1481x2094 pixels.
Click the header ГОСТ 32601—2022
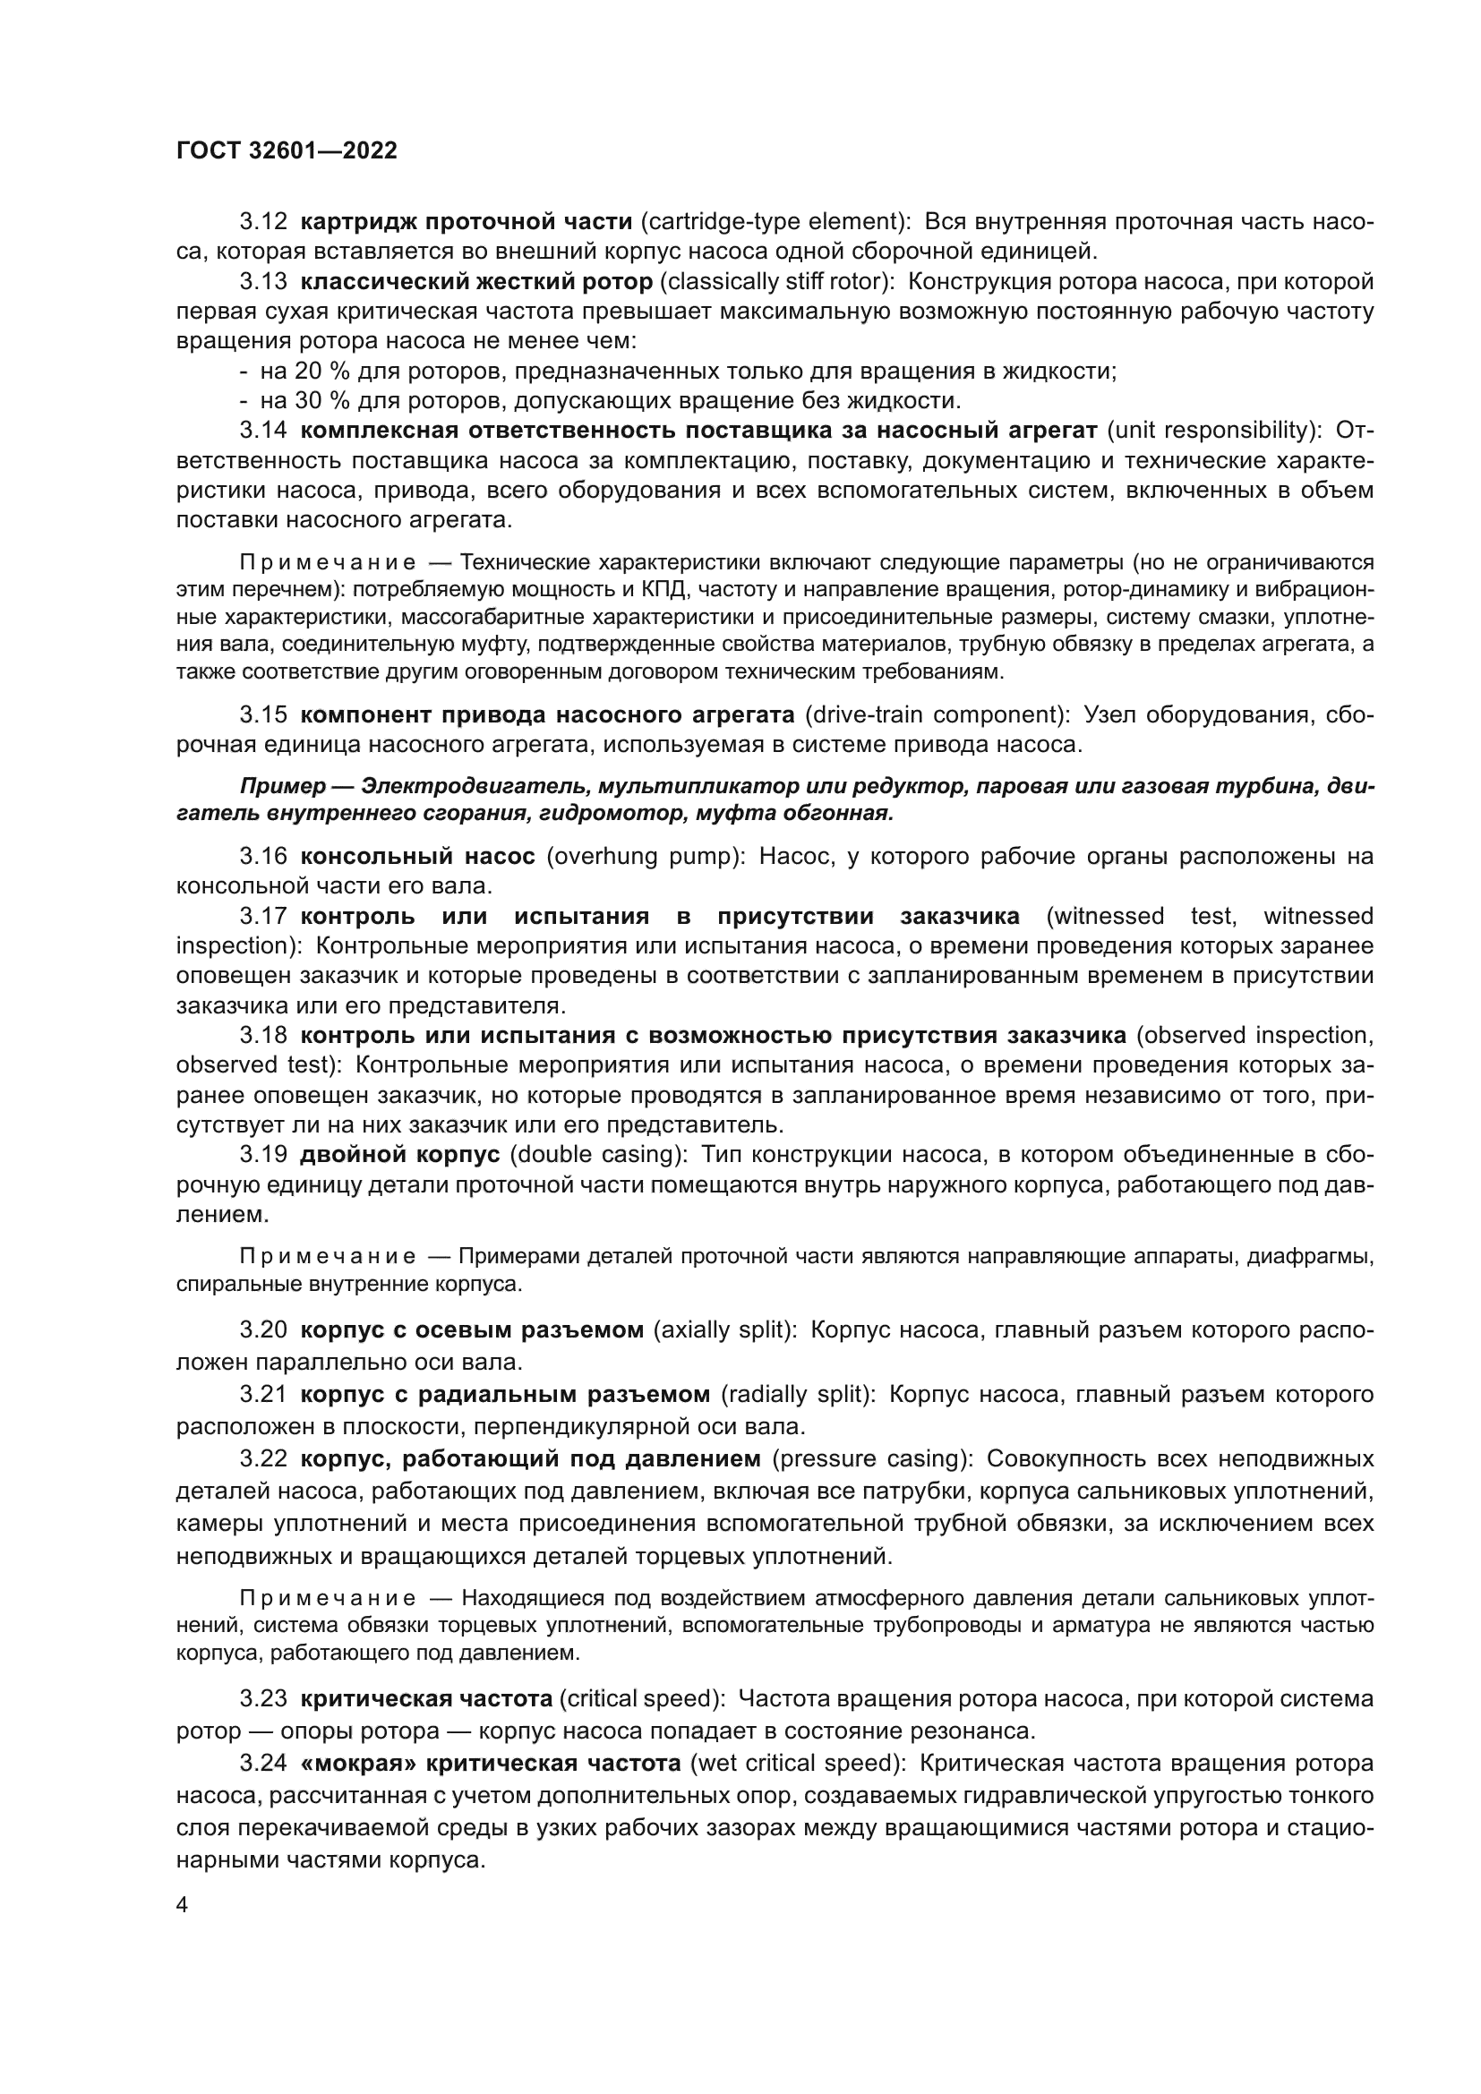coord(287,150)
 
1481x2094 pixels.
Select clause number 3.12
coord(263,222)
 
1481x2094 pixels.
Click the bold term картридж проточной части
coord(466,222)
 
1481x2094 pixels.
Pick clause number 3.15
coord(263,714)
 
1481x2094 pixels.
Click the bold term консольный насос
coord(417,857)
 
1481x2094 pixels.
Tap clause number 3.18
coord(263,1035)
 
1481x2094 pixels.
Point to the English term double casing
coord(597,1155)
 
